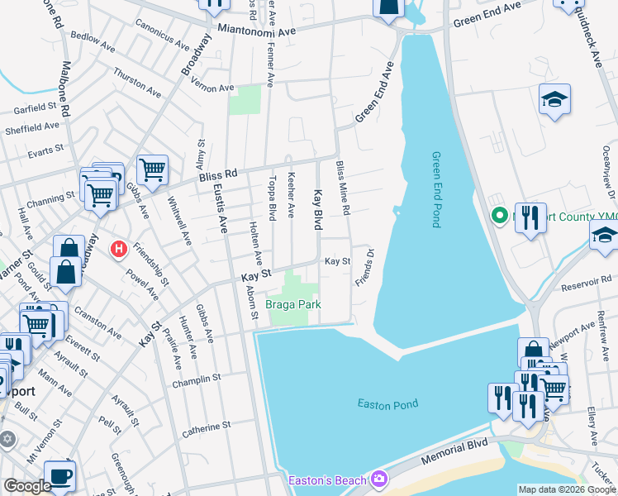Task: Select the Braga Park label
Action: tap(292, 304)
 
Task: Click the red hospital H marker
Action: tap(120, 247)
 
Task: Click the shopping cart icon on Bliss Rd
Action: tap(152, 170)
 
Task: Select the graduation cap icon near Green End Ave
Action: tap(554, 101)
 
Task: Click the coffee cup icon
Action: tap(60, 475)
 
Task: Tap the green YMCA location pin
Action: tap(499, 217)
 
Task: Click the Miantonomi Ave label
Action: tap(257, 30)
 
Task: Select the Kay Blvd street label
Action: tap(317, 209)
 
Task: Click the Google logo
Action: tap(27, 486)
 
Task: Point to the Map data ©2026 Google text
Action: tap(566, 489)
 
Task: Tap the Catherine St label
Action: tap(204, 427)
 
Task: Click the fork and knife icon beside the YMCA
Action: tap(530, 219)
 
